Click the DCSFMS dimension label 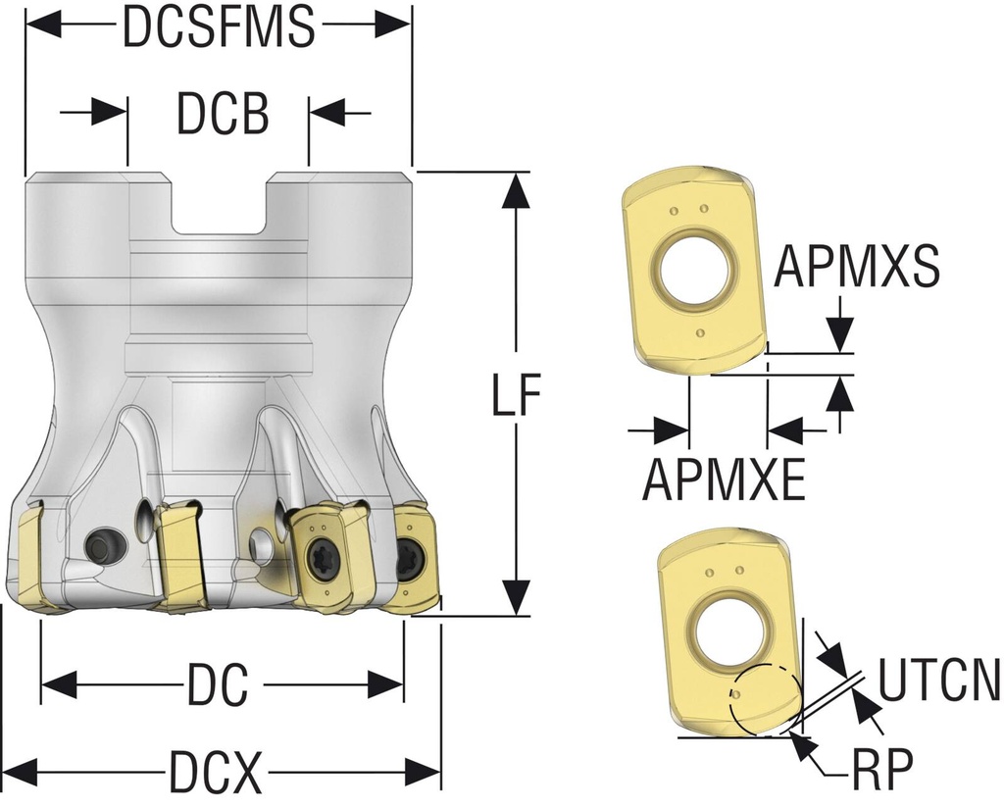(218, 27)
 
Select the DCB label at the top (222, 115)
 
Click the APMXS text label (857, 267)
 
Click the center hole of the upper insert (696, 265)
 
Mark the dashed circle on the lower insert (765, 699)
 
